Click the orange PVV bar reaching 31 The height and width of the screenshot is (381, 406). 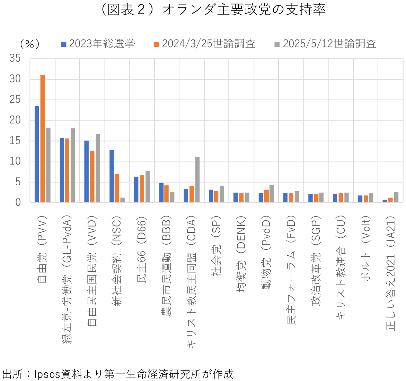(x=43, y=138)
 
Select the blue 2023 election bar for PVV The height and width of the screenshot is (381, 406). (x=37, y=154)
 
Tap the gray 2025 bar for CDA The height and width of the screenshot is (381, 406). (x=197, y=180)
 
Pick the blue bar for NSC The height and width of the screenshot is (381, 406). (x=112, y=176)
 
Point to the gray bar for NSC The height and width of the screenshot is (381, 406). (x=122, y=200)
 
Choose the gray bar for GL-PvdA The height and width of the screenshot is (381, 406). (x=73, y=165)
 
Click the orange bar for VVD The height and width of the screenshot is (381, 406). (x=92, y=176)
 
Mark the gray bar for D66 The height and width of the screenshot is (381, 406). (x=148, y=186)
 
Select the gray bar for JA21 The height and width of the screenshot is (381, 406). (x=396, y=197)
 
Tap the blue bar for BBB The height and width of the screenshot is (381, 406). (x=161, y=193)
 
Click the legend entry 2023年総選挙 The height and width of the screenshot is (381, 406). (x=98, y=44)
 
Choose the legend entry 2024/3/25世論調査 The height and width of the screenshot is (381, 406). (x=205, y=44)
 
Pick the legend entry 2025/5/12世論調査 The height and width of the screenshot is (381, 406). (x=325, y=44)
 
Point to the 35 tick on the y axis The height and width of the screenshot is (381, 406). (x=15, y=59)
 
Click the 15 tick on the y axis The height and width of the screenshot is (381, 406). (x=15, y=141)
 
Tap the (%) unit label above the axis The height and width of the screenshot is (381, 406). (x=30, y=44)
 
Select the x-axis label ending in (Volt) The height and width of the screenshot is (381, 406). (x=366, y=248)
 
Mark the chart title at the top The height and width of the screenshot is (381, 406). (x=212, y=10)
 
